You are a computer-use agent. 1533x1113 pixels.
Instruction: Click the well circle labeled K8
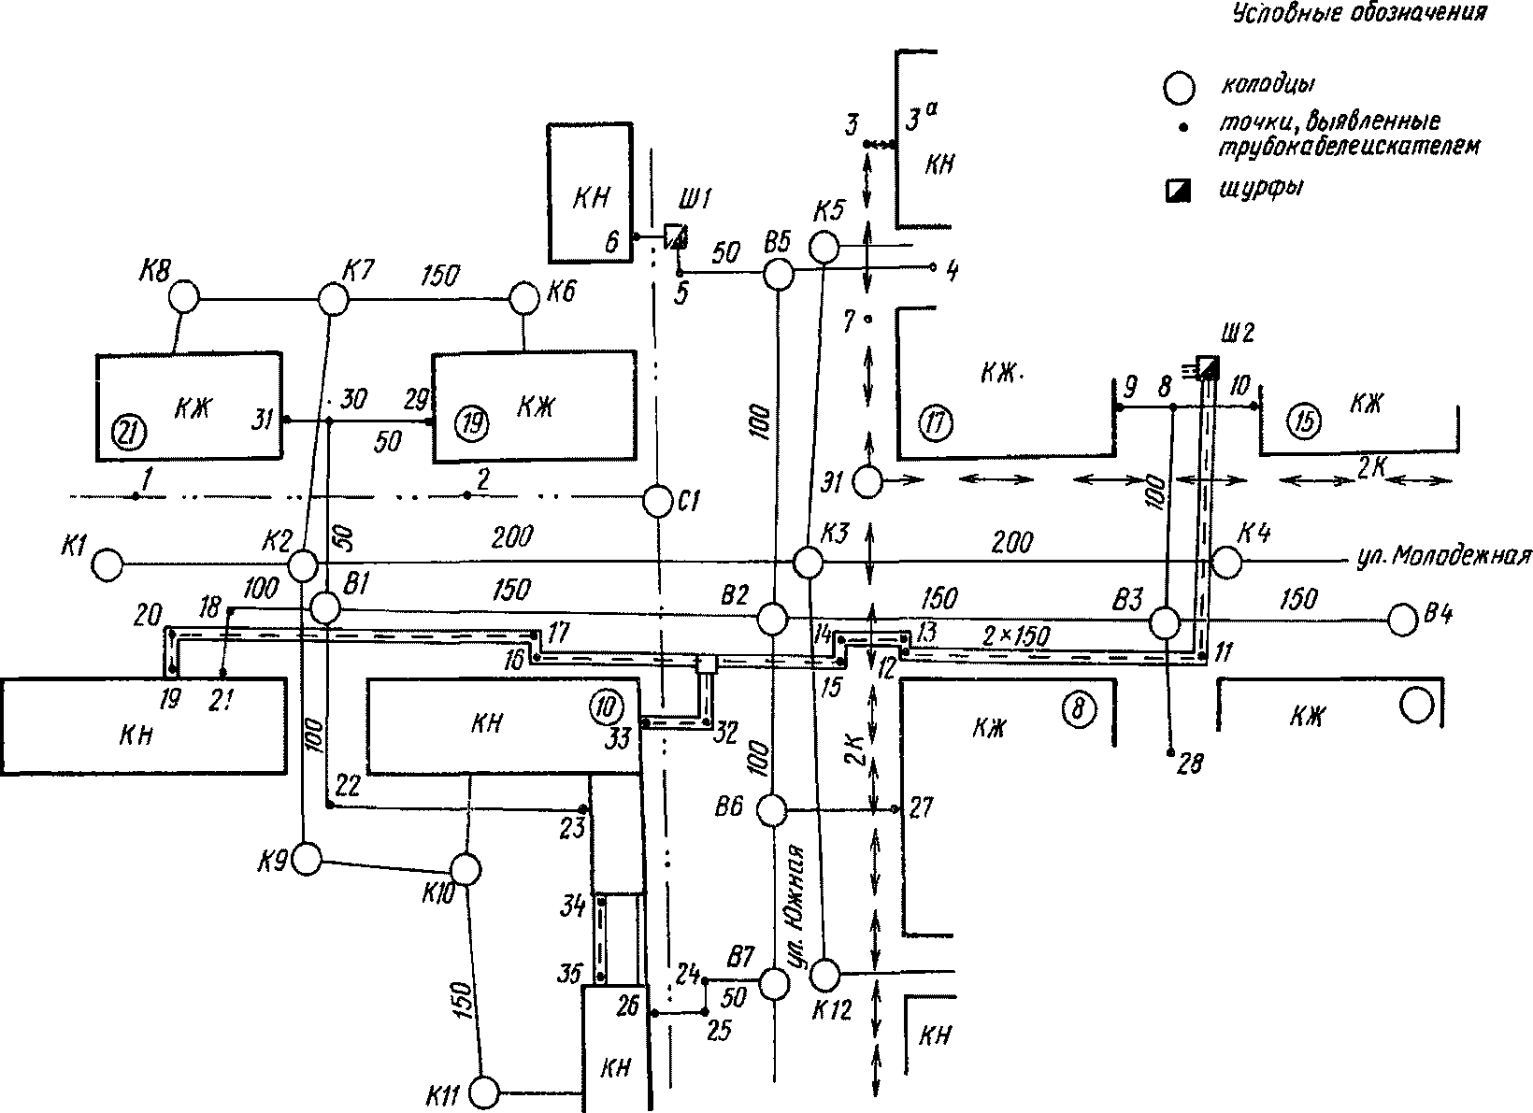184,297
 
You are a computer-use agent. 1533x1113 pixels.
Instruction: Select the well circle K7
334,299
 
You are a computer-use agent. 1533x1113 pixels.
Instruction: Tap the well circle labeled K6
525,298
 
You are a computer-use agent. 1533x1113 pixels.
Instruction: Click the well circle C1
658,501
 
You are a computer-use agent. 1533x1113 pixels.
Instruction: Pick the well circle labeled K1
107,565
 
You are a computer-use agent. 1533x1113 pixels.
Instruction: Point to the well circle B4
1402,621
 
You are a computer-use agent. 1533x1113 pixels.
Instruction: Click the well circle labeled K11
485,1092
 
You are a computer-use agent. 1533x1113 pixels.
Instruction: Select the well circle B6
773,808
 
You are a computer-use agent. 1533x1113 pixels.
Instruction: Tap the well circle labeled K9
306,859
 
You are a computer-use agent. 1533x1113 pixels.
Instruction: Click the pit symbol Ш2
1208,367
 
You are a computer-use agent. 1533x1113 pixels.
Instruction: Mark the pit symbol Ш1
676,236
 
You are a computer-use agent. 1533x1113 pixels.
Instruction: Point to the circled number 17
936,422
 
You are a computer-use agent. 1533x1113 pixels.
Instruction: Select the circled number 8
1079,709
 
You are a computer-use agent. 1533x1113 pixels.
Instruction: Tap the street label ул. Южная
795,905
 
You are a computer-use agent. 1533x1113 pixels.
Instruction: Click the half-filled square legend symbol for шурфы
1179,191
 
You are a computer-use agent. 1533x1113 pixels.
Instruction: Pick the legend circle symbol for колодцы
1179,88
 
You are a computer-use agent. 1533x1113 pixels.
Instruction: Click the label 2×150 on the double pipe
1015,637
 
